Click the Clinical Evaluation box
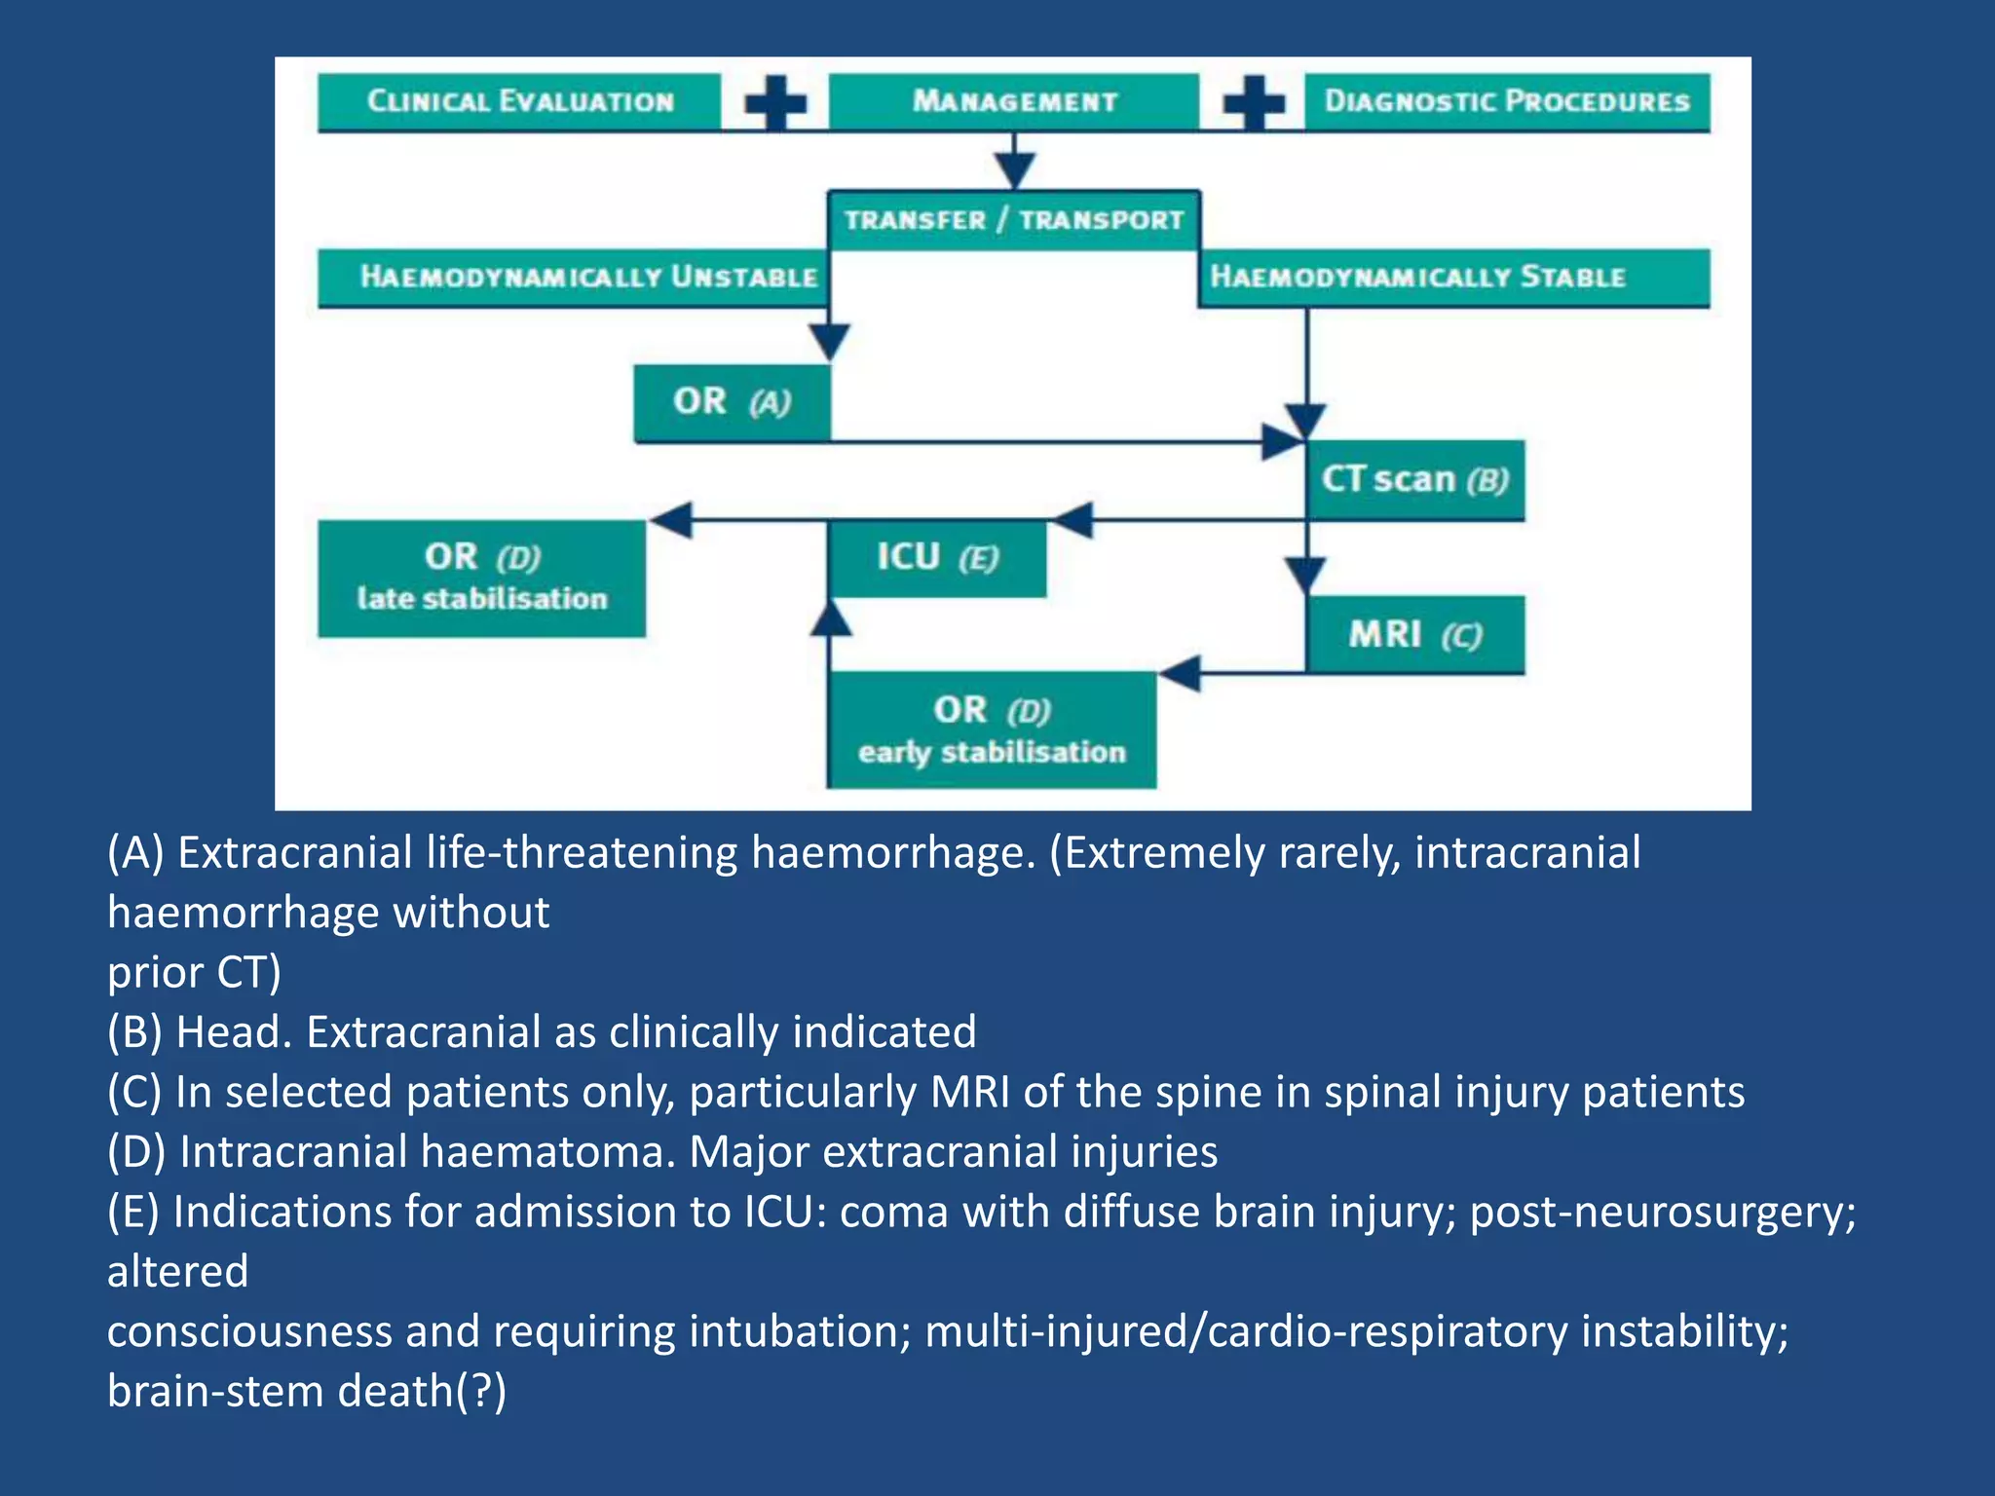pos(519,101)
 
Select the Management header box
pos(1013,101)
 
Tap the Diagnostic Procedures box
pos(1506,101)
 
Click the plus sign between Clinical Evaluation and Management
pos(775,102)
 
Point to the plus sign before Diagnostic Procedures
pos(1254,102)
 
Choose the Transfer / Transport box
pos(1013,220)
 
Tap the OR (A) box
pos(732,402)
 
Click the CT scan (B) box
pos(1415,480)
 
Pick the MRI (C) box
pos(1415,635)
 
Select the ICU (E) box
pos(937,558)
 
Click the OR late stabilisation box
pos(481,578)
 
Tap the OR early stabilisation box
pos(992,730)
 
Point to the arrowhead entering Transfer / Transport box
pos(1014,171)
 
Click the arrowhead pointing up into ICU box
pos(830,617)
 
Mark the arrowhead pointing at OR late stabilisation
pos(671,519)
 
